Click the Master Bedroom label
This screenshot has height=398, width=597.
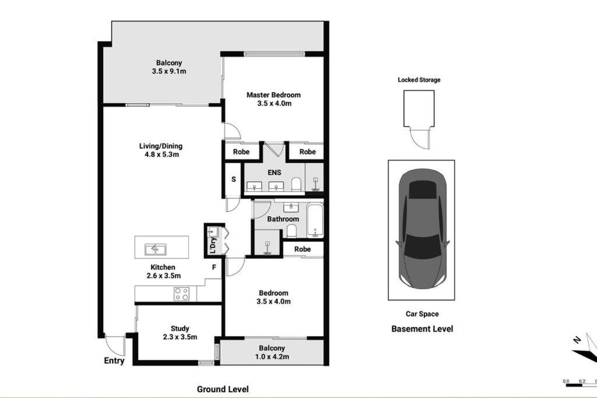273,95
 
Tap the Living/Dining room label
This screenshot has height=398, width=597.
161,146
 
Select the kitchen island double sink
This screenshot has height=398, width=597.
155,249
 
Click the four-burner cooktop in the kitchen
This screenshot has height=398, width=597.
181,294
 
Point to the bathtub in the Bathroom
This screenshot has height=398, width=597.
315,221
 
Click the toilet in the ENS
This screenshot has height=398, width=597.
296,184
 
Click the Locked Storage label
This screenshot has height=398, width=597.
419,80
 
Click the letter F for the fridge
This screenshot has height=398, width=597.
214,267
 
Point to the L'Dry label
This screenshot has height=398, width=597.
213,245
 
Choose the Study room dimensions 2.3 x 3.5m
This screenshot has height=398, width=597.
180,337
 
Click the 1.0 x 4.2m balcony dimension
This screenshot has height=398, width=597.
272,357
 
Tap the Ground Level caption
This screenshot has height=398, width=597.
223,389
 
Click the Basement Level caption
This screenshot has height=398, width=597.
422,329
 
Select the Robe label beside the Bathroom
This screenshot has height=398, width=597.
303,249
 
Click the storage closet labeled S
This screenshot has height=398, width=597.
233,179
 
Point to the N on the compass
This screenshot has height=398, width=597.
578,339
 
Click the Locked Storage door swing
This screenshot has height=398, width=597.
419,138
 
